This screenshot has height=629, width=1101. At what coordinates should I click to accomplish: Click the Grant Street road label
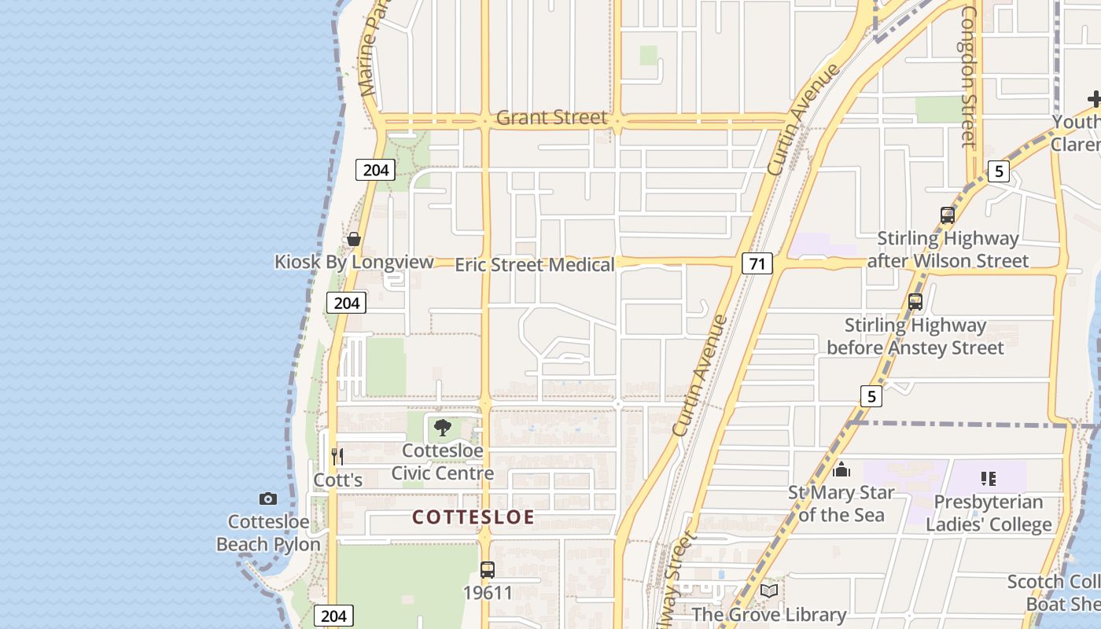point(552,118)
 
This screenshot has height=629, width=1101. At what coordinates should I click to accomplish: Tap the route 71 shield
point(757,263)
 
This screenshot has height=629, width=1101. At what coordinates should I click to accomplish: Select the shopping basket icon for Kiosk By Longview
point(354,239)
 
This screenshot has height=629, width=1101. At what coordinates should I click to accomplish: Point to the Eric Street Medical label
point(535,265)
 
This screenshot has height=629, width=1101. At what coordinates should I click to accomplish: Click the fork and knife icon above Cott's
point(337,456)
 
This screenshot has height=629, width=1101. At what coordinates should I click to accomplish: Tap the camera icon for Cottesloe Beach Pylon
point(268,498)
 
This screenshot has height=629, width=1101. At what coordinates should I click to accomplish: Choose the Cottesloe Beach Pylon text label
point(268,533)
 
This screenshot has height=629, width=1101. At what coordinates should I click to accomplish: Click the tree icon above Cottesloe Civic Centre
point(443,428)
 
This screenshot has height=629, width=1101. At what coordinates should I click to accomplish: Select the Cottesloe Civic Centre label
point(443,462)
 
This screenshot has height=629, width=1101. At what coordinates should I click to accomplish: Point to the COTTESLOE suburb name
point(473,517)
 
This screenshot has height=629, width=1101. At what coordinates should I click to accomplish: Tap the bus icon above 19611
point(488,569)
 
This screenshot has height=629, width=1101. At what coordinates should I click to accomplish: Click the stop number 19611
point(488,593)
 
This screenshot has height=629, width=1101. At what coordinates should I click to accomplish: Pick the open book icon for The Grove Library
point(768,590)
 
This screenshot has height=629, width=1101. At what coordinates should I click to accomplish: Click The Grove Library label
point(768,614)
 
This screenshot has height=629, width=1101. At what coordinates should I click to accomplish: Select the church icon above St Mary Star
point(841,470)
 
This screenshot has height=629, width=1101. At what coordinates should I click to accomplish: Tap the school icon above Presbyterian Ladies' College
point(989,478)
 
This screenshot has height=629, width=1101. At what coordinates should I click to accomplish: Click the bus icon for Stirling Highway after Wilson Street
point(948,215)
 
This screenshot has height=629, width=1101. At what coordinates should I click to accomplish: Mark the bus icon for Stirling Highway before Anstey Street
point(915,301)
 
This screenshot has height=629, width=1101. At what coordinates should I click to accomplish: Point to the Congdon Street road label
point(968,76)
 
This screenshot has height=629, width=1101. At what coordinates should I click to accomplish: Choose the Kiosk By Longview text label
point(354,262)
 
